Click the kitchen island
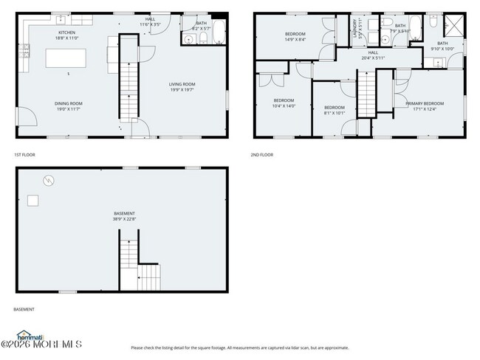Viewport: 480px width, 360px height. (66, 58)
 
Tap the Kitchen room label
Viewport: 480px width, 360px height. (67, 32)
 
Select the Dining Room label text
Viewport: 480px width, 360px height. (67, 103)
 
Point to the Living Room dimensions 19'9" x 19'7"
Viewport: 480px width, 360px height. (182, 91)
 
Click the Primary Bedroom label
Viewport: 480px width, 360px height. (425, 103)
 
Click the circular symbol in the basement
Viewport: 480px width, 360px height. (48, 179)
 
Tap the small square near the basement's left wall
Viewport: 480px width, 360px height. (33, 200)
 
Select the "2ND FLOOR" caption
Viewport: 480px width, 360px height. (262, 155)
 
